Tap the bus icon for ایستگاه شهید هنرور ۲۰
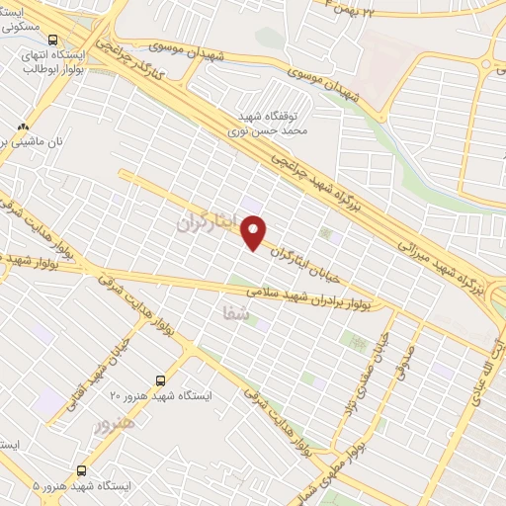click(x=161, y=379)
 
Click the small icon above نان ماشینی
click(x=22, y=126)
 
